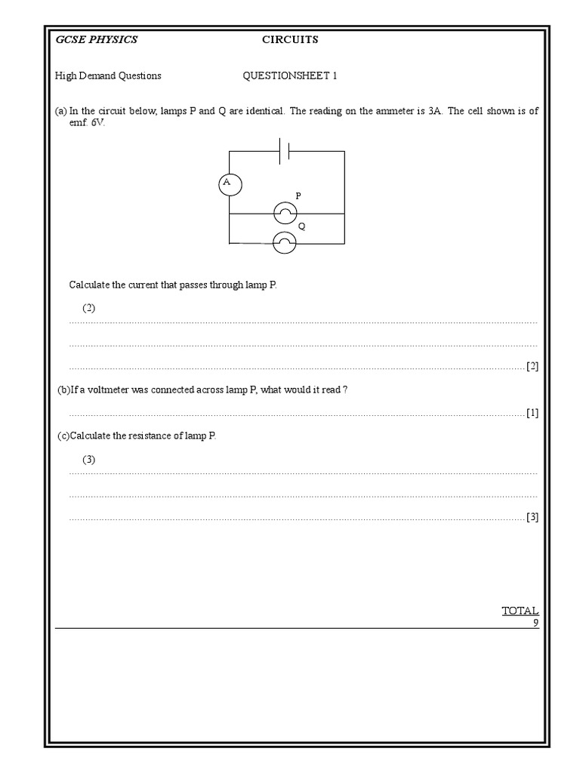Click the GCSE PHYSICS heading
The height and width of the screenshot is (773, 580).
click(97, 39)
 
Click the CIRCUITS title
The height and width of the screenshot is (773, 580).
click(290, 39)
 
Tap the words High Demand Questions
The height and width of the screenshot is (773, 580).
click(108, 75)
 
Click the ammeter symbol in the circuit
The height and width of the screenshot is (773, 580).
click(230, 183)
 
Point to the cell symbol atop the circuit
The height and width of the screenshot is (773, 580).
click(285, 151)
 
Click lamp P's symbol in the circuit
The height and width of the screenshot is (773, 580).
click(284, 214)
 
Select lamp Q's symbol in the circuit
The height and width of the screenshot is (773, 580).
click(284, 242)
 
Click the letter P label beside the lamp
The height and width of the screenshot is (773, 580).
click(298, 196)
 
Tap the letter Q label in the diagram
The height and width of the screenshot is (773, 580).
click(301, 226)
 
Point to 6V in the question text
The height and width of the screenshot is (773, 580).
click(97, 122)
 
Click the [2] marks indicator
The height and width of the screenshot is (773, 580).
click(532, 366)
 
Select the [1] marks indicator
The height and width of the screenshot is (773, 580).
click(532, 413)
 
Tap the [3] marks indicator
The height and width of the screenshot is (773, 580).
click(532, 517)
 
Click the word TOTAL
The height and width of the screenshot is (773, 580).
click(520, 611)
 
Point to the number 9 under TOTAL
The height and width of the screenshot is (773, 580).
click(535, 623)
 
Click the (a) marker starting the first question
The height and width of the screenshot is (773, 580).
click(61, 110)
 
